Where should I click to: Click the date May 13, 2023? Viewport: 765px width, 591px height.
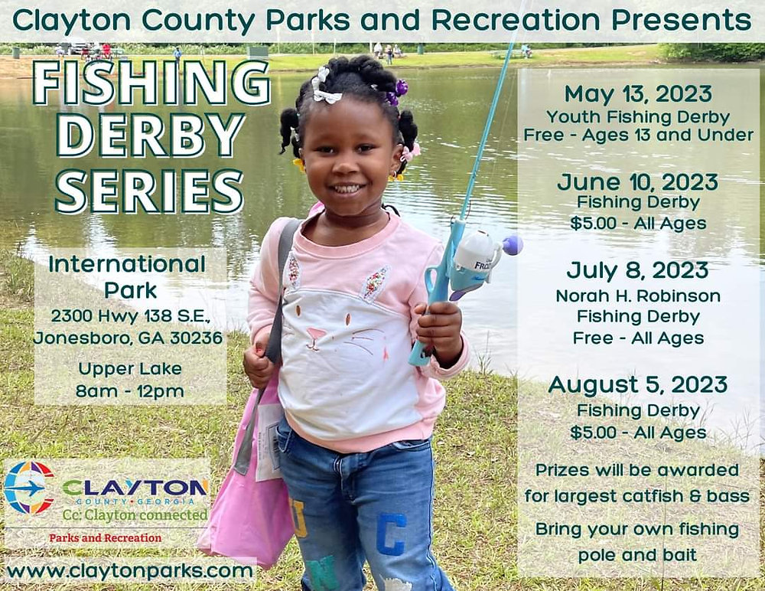pyautogui.click(x=638, y=94)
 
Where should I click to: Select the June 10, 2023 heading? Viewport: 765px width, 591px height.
pyautogui.click(x=638, y=182)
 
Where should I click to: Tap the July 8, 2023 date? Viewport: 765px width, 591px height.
pyautogui.click(x=638, y=271)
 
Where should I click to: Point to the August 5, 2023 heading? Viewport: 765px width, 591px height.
pyautogui.click(x=638, y=384)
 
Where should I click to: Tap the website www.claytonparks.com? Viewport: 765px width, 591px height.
pyautogui.click(x=129, y=571)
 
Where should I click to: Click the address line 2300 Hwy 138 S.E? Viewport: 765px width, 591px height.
pyautogui.click(x=130, y=315)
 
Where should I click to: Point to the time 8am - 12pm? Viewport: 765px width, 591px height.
pyautogui.click(x=131, y=391)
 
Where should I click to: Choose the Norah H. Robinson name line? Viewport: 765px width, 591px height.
pyautogui.click(x=638, y=296)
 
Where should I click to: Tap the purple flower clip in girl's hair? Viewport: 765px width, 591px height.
pyautogui.click(x=397, y=91)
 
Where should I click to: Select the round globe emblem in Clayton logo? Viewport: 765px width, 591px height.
pyautogui.click(x=29, y=488)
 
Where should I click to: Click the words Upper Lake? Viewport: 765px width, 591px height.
pyautogui.click(x=130, y=368)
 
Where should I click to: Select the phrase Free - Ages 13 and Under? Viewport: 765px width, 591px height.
pyautogui.click(x=638, y=136)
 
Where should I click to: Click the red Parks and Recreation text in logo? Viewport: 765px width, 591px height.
pyautogui.click(x=105, y=538)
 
